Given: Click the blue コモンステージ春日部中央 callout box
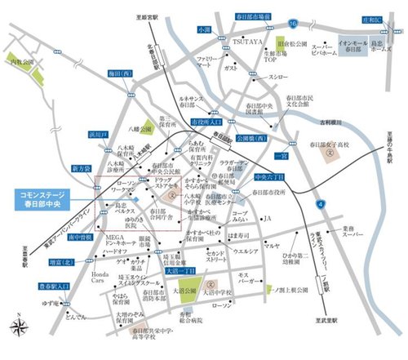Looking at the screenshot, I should [x=45, y=200].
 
